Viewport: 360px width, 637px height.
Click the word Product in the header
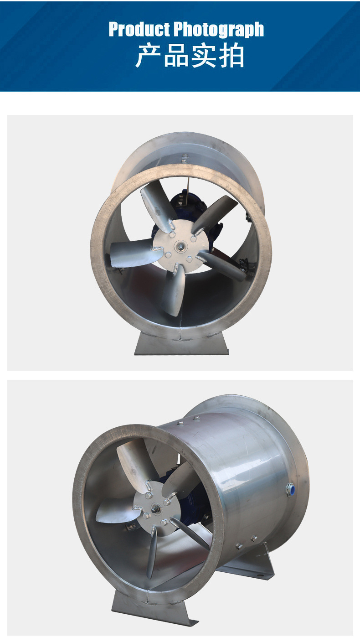coord(139,29)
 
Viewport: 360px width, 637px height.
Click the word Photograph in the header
coord(219,30)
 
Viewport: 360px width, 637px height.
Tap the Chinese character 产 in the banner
coord(148,55)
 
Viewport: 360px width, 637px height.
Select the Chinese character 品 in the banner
coord(176,55)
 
